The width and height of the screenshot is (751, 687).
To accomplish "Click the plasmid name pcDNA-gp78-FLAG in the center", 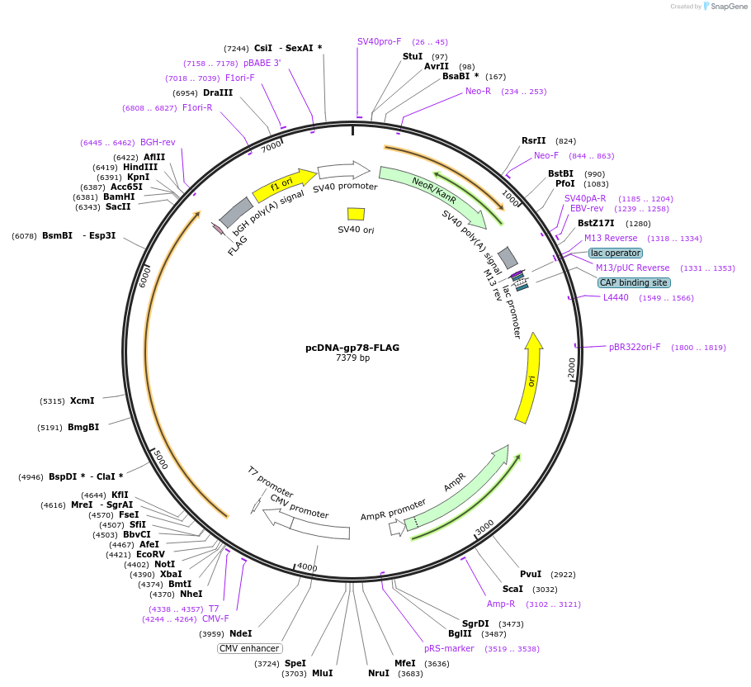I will click(x=352, y=348).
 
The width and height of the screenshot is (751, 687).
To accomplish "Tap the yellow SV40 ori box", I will click(x=356, y=214).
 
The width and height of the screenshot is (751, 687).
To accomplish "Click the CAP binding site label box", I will click(x=634, y=282).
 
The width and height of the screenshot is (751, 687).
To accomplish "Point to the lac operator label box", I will click(x=616, y=253).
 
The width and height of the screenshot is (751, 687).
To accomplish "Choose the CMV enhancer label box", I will click(x=249, y=648).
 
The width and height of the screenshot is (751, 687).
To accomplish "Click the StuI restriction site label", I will click(x=413, y=56).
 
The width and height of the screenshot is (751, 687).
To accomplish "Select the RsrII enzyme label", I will click(x=534, y=141).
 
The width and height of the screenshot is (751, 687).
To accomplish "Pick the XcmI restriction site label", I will click(x=82, y=400).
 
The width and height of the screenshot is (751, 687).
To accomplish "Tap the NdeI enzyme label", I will click(x=240, y=633).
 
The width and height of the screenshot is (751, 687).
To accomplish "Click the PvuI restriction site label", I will click(x=531, y=574).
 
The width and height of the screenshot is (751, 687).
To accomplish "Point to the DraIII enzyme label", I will click(x=218, y=93).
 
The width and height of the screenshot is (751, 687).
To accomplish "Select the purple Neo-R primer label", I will click(x=478, y=91).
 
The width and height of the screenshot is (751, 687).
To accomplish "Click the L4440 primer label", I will click(x=616, y=297).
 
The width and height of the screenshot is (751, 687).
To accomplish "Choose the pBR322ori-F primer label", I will click(x=635, y=347).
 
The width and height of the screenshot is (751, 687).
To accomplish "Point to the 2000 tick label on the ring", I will click(x=572, y=368).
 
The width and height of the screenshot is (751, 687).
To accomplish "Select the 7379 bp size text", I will click(x=352, y=358).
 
